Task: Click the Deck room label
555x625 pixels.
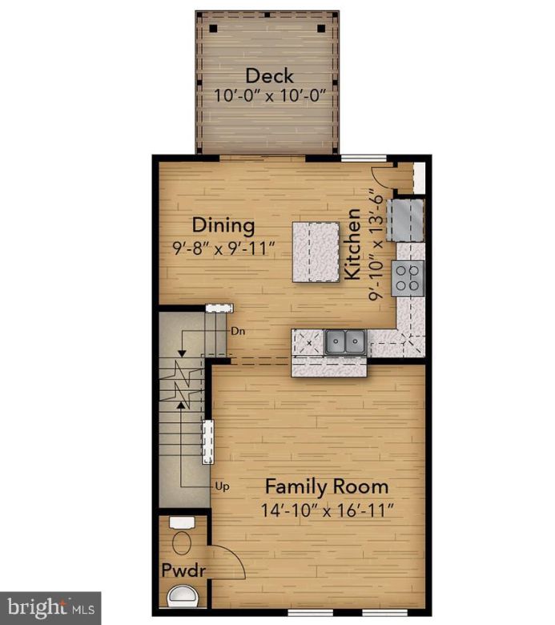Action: click(x=269, y=76)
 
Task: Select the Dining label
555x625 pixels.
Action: click(x=223, y=225)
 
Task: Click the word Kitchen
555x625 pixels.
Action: click(x=353, y=244)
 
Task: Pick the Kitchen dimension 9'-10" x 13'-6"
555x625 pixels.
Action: click(x=373, y=244)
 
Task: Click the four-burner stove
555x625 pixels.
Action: click(x=408, y=277)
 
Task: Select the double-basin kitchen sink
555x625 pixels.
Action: click(x=346, y=342)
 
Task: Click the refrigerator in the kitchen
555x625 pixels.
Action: click(x=406, y=220)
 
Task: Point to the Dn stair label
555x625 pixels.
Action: click(x=237, y=330)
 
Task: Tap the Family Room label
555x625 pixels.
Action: click(x=327, y=486)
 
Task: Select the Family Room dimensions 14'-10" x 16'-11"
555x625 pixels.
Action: click(x=327, y=509)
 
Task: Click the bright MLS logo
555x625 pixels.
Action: click(x=50, y=607)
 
